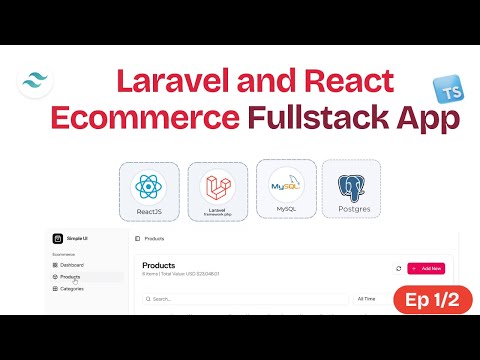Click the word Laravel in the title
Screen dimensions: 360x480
pos(169,81)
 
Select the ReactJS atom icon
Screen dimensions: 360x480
pos(148,186)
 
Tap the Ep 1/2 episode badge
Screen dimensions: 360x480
pos(427,299)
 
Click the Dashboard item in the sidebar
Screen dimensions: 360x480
pos(72,264)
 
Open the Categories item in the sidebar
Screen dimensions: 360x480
pos(72,288)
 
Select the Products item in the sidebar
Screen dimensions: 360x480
pos(71,276)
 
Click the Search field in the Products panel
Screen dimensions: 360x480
pos(245,298)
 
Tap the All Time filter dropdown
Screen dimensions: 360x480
pos(367,298)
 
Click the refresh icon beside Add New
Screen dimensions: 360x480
pos(399,268)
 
